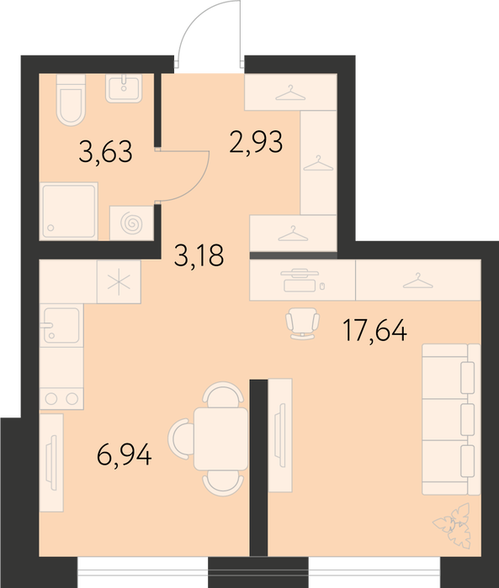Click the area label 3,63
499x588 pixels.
tap(105, 151)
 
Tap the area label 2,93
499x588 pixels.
tap(256, 142)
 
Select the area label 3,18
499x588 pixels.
tap(199, 255)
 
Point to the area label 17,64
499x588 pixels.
tap(375, 330)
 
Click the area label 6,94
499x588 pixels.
tap(124, 454)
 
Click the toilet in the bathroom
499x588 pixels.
tap(71, 100)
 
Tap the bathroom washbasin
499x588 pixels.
tap(124, 88)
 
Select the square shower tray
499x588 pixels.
tap(69, 211)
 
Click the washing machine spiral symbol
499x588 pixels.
tap(131, 223)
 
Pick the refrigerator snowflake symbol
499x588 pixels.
tap(119, 282)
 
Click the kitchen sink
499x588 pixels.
tap(61, 325)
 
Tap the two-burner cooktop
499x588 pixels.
tap(61, 399)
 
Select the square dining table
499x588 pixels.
tap(221, 438)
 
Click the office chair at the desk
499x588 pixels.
tap(302, 323)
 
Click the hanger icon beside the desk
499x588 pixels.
tap(418, 281)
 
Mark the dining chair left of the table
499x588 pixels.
tap(181, 438)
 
